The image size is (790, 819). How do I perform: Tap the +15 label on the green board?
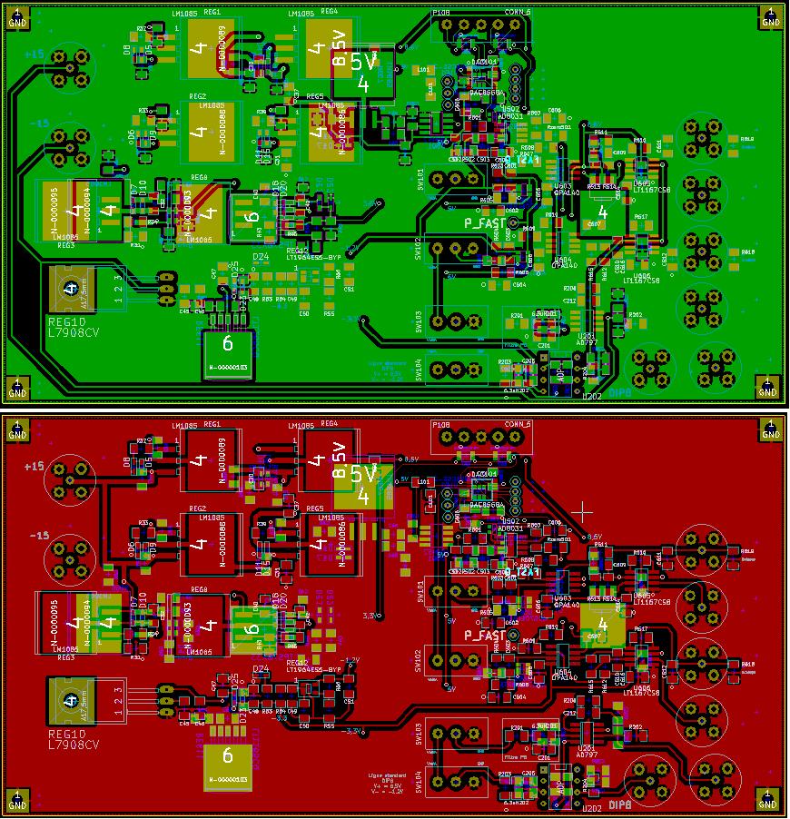34,54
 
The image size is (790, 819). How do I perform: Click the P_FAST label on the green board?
484,222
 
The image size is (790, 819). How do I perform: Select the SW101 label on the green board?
420,179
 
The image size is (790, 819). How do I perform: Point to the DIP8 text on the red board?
620,805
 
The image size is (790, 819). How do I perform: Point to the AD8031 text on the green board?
510,116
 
